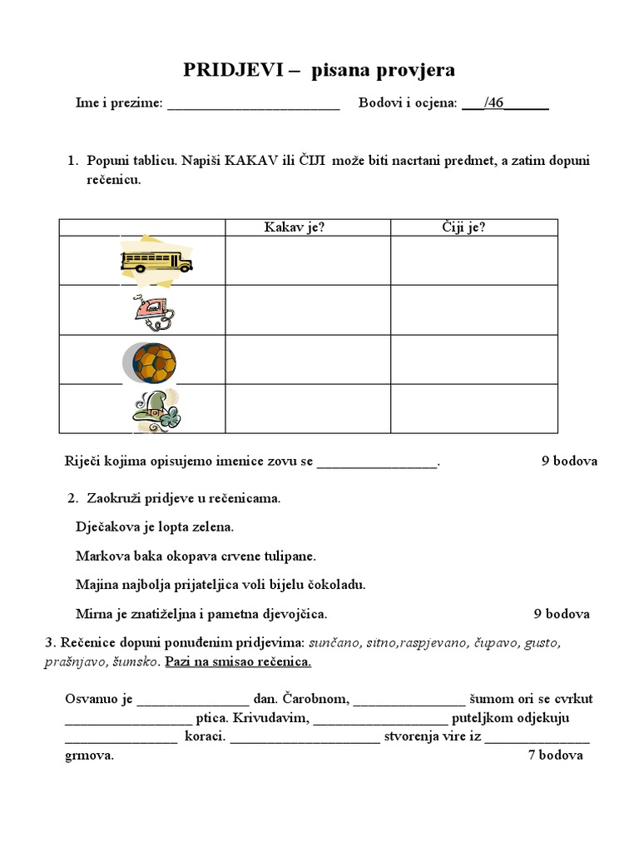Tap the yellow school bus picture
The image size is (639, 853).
pyautogui.click(x=156, y=261)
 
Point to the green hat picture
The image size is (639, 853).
pyautogui.click(x=155, y=410)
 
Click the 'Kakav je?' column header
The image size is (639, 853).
pyautogui.click(x=294, y=227)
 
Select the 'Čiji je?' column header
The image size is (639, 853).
pyautogui.click(x=463, y=227)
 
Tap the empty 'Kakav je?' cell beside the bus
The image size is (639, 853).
pyautogui.click(x=307, y=261)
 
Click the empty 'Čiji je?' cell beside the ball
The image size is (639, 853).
pyautogui.click(x=473, y=360)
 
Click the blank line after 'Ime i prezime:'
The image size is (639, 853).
pyautogui.click(x=253, y=105)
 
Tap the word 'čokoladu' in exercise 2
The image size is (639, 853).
pyautogui.click(x=341, y=585)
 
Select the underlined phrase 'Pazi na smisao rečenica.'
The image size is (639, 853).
pyautogui.click(x=238, y=662)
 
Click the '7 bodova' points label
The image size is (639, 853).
pyautogui.click(x=556, y=756)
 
